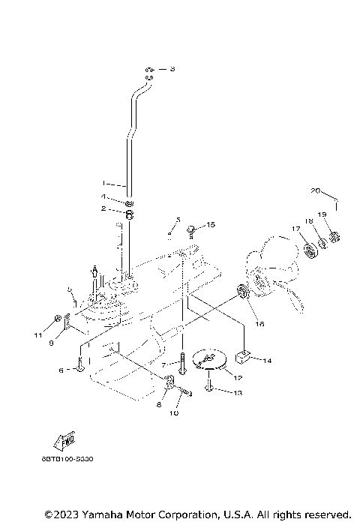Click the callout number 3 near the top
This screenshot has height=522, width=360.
point(172,69)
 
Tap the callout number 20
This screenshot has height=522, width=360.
point(316,190)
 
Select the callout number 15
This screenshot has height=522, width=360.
point(211,224)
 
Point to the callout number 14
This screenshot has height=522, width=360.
point(268,361)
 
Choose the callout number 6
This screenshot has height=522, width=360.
point(61,370)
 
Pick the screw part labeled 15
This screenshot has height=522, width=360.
point(192,226)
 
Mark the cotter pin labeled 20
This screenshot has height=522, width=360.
point(336,202)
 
